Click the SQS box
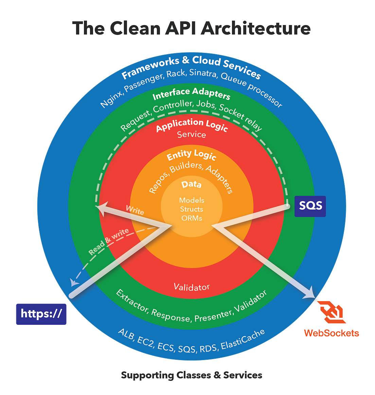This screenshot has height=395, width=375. tap(310, 206)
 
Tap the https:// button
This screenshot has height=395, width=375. tap(41, 314)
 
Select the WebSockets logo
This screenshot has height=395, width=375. tap(331, 318)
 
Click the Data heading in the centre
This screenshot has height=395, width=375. tap(192, 184)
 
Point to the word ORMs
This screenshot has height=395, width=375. tap(192, 218)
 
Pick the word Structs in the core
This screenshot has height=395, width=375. tap(192, 209)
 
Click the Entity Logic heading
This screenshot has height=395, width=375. tap(192, 155)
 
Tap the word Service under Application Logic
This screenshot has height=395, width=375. tap(192, 135)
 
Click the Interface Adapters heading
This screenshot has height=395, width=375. tap(192, 94)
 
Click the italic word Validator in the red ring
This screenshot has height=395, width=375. tap(192, 287)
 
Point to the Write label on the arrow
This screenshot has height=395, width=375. tap(135, 210)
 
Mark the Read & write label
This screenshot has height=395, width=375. tap(109, 241)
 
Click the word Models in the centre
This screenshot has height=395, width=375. tap(192, 200)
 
